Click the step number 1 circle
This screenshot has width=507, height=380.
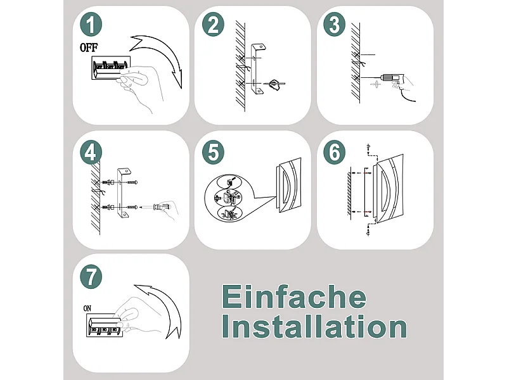click(x=92, y=25)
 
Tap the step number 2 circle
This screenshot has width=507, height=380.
click(x=214, y=25)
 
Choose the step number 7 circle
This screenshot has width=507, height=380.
click(x=92, y=276)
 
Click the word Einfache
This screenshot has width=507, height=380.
click(x=293, y=297)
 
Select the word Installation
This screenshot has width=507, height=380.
click(x=314, y=327)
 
